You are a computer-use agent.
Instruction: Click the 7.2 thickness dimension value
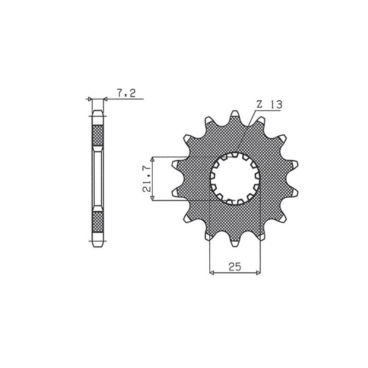point(125,93)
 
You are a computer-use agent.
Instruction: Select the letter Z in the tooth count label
point(259,105)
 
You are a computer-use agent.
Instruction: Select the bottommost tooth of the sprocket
point(235,241)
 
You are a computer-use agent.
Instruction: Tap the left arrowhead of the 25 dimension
point(212,272)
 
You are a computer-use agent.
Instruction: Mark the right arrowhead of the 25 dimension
point(258,272)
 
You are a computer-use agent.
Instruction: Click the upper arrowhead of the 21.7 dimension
point(154,159)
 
